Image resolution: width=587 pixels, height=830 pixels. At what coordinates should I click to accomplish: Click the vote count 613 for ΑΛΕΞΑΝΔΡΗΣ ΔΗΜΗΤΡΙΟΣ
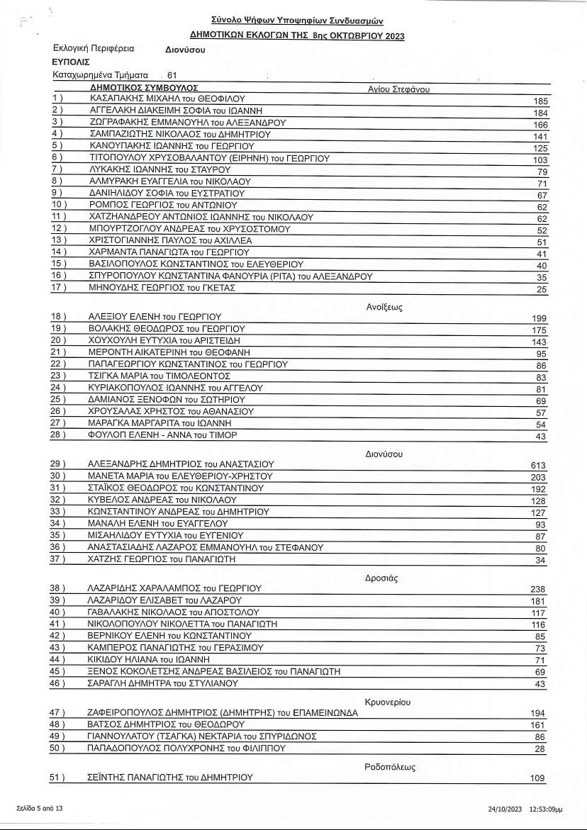tap(538, 465)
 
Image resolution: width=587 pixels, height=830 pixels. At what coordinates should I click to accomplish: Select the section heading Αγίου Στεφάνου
tap(398, 89)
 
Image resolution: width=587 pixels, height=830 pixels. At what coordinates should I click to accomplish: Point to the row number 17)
tap(59, 288)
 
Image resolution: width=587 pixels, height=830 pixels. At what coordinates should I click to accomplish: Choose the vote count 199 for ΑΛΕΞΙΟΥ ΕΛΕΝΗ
tap(539, 318)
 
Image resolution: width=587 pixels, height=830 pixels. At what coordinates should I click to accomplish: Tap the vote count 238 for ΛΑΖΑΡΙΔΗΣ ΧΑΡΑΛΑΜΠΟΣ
tap(538, 589)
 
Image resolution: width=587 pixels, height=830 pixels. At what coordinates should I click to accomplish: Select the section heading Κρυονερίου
tap(388, 702)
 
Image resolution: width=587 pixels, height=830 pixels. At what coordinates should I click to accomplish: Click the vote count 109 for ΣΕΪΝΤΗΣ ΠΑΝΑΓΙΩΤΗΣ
tap(538, 778)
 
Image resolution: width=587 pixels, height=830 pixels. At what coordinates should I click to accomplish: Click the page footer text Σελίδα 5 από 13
tap(40, 808)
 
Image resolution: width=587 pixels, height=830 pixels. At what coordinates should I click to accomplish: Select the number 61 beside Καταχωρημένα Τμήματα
tap(172, 74)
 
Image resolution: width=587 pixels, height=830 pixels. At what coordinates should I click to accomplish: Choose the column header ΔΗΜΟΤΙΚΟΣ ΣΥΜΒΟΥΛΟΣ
tap(134, 86)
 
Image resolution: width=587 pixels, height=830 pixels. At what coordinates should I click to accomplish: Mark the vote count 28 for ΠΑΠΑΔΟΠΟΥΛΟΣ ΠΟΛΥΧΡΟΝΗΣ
tap(541, 748)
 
